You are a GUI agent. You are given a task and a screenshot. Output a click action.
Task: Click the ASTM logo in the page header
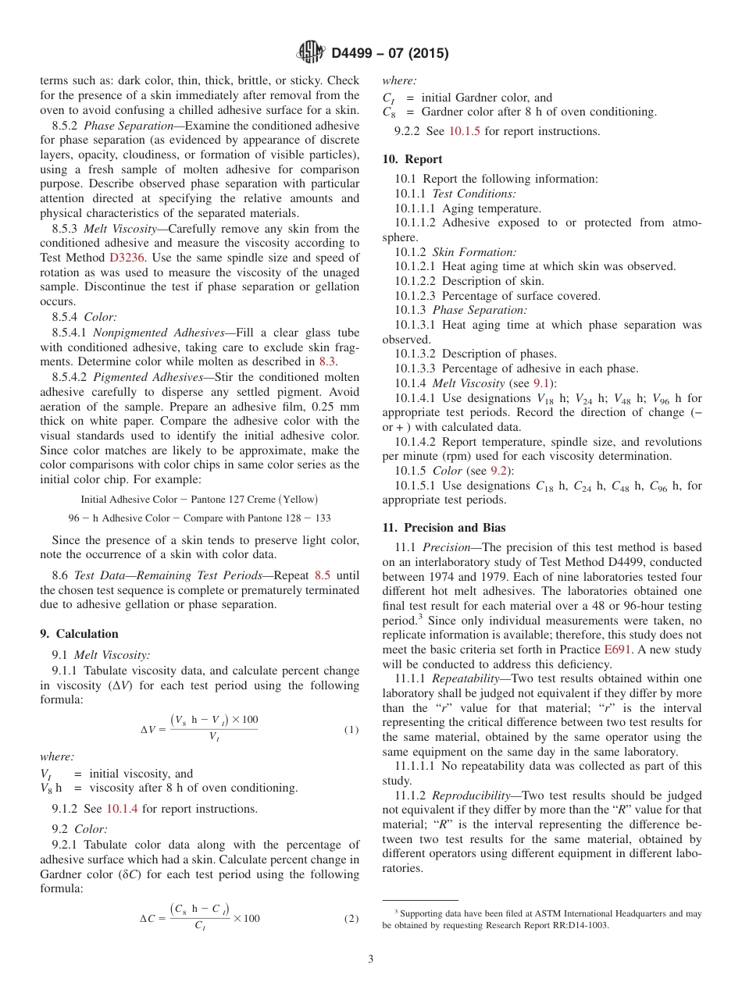tap(311, 53)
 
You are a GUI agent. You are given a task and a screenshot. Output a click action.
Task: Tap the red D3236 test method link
tap(126, 258)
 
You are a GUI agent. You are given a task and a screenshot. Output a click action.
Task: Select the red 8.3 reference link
tap(327, 361)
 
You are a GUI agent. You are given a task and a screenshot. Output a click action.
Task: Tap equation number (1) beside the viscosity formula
tap(351, 730)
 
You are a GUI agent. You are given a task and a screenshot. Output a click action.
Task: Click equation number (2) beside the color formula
tap(351, 919)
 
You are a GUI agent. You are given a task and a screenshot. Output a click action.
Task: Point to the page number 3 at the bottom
tap(371, 959)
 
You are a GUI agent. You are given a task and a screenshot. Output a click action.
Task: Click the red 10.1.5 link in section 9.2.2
tap(465, 131)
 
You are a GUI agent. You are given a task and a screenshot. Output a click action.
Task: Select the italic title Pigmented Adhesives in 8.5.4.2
tap(145, 377)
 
